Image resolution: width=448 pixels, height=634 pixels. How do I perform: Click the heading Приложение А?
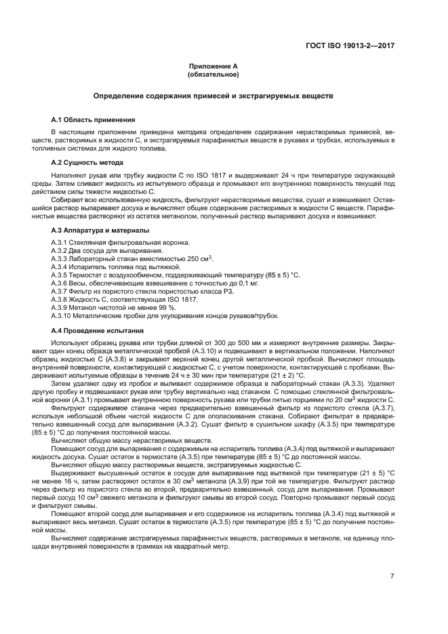click(213, 66)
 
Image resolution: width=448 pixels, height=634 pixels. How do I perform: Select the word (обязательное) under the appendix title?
click(213, 74)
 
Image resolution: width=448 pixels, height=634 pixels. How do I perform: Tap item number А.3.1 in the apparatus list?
click(60, 243)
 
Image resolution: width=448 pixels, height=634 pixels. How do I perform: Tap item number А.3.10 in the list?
click(62, 316)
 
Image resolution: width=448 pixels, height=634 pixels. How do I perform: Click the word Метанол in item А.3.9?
click(85, 308)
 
